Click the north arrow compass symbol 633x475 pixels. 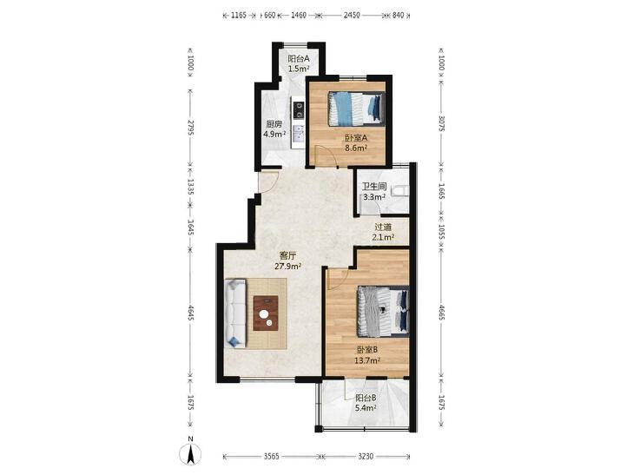[x=190, y=453]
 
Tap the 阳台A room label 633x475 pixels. [x=299, y=58]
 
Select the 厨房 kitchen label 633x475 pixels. [x=274, y=124]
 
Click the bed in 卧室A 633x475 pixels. [x=356, y=109]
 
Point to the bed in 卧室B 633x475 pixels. [x=383, y=311]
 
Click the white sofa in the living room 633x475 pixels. [x=235, y=313]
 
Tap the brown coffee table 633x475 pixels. [x=266, y=313]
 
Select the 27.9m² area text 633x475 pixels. [x=287, y=266]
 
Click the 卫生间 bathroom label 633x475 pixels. [x=374, y=187]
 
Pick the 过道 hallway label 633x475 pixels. [x=383, y=228]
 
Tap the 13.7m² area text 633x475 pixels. [x=367, y=360]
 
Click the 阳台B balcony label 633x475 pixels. [x=366, y=398]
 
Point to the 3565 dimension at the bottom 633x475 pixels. [x=271, y=457]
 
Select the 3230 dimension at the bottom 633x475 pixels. [x=366, y=457]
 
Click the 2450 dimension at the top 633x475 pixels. [x=351, y=16]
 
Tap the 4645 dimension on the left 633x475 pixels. [x=191, y=313]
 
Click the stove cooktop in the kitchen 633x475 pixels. [x=300, y=109]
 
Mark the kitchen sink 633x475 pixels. [x=299, y=134]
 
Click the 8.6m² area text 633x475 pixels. [x=356, y=148]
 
